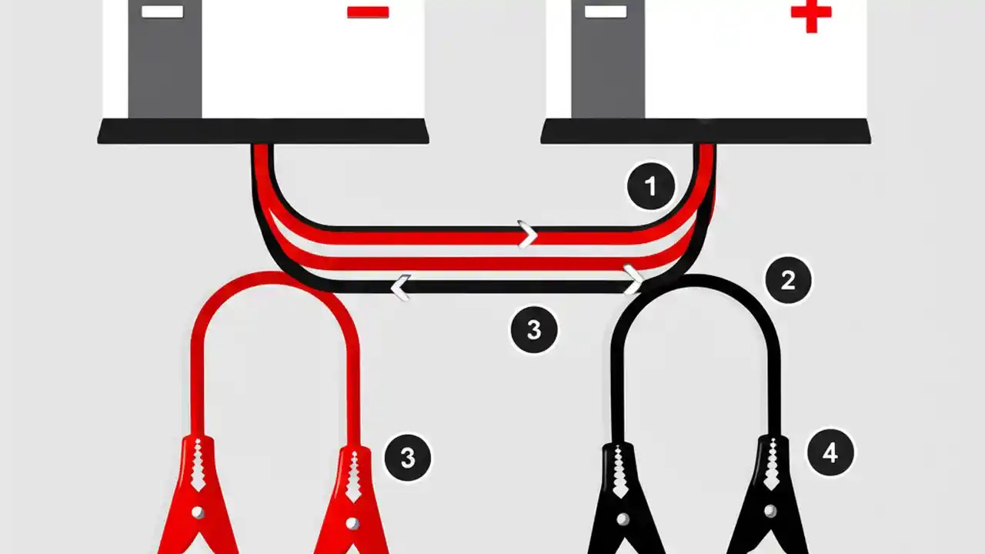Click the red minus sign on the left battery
[x=368, y=12]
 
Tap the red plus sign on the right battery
[x=810, y=15]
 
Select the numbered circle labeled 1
[x=651, y=186]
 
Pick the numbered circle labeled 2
[x=787, y=281]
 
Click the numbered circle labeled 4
[x=830, y=453]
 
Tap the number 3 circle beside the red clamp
[x=407, y=459]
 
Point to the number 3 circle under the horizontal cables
[x=533, y=330]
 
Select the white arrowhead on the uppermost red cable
[x=528, y=234]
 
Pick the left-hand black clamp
[x=622, y=500]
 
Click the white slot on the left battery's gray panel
[x=163, y=12]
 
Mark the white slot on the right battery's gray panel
[x=606, y=12]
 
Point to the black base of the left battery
[x=263, y=132]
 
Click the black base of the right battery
[x=706, y=132]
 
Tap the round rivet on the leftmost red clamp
[x=197, y=512]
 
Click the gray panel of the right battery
[x=608, y=69]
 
